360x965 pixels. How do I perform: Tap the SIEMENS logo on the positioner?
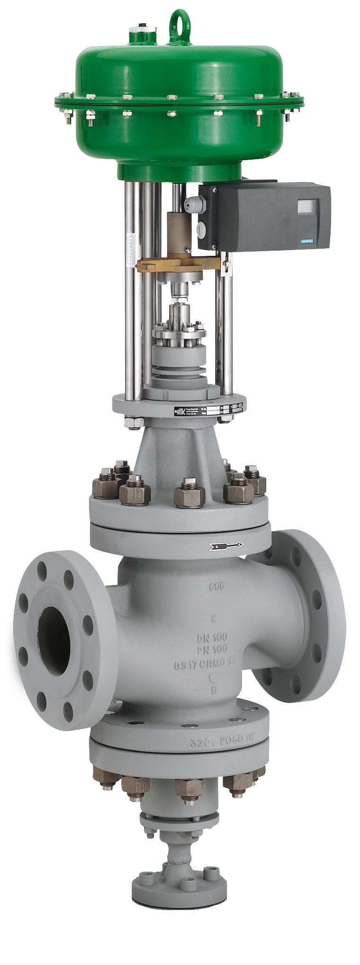click(307, 242)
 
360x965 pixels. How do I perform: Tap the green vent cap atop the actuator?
click(142, 32)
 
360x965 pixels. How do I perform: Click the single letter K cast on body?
click(213, 618)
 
